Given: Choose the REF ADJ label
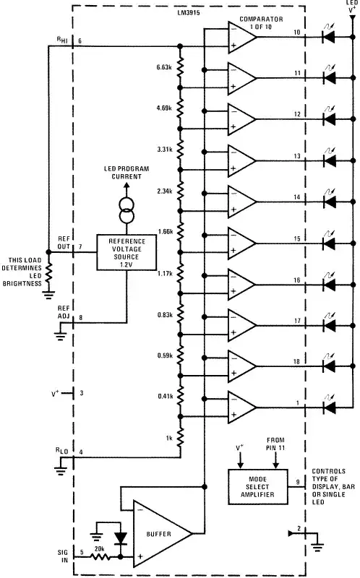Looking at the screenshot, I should click(64, 311).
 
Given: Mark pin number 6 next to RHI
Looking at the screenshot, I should click(81, 40).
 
